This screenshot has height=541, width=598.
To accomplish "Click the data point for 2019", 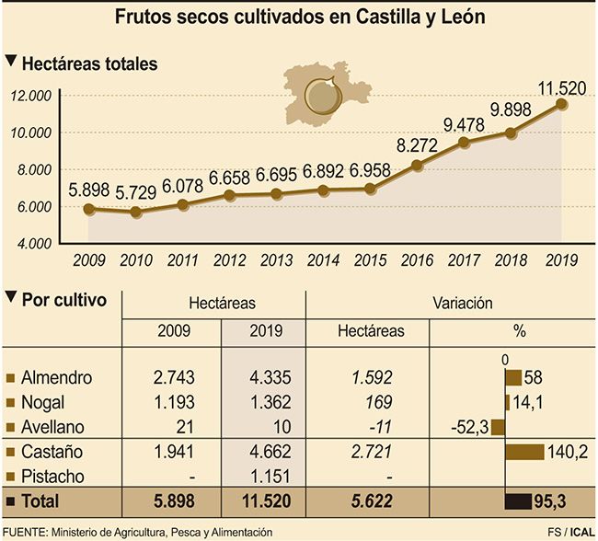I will (x=562, y=104).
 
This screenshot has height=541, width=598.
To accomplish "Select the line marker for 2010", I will (x=137, y=212).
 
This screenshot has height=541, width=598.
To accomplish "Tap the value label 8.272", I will (x=417, y=145).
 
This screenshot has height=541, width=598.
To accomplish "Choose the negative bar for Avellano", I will (x=498, y=427).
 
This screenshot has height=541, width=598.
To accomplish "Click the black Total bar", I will (x=530, y=501).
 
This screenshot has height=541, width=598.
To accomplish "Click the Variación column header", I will (x=462, y=302).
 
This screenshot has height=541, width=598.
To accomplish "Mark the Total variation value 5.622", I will (x=367, y=501).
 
